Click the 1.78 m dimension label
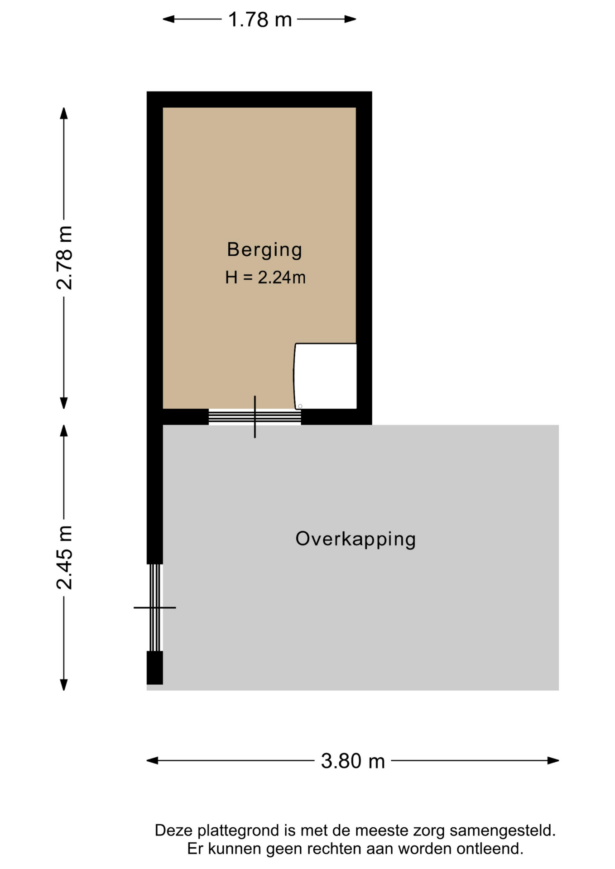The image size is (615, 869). click(259, 19)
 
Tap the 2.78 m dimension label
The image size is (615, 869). click(64, 258)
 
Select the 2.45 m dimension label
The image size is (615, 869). click(64, 558)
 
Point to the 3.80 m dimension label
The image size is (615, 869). click(353, 761)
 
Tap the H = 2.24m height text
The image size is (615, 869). click(265, 277)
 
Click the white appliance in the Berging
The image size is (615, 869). click(325, 376)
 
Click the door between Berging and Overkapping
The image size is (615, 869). click(255, 417)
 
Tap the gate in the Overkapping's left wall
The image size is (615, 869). click(155, 607)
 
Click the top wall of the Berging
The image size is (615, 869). click(259, 100)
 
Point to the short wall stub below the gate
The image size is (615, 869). click(154, 668)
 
